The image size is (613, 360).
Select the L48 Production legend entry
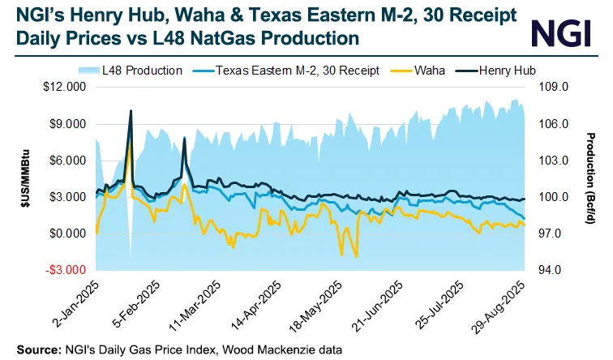tap(137, 71)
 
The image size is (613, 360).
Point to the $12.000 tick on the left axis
tap(64, 88)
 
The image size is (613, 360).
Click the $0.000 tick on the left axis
tap(66, 234)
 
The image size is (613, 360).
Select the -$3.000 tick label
tap(65, 270)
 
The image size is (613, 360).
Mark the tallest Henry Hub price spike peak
tap(131, 110)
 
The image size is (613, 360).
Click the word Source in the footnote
tap(36, 349)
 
